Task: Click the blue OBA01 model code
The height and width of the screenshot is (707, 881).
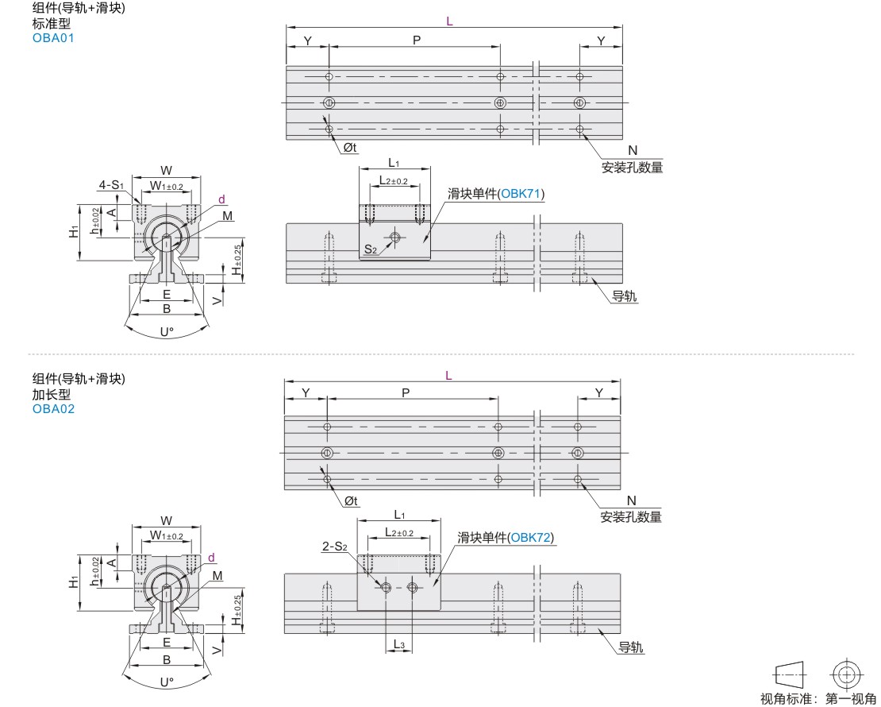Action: click(x=53, y=38)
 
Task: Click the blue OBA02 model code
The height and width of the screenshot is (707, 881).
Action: click(x=53, y=409)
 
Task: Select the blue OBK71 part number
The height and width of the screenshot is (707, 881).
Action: click(x=521, y=194)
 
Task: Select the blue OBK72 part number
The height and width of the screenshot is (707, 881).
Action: click(x=530, y=538)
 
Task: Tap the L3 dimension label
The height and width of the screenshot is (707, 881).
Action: click(x=399, y=644)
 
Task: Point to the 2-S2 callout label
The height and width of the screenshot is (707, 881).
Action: click(x=335, y=547)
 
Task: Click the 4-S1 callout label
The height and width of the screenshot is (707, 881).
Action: click(x=111, y=184)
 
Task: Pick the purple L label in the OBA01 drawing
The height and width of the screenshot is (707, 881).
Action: click(x=449, y=21)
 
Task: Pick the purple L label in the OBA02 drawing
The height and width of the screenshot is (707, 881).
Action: click(x=448, y=375)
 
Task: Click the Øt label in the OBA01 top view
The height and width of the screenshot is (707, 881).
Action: click(x=350, y=148)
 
